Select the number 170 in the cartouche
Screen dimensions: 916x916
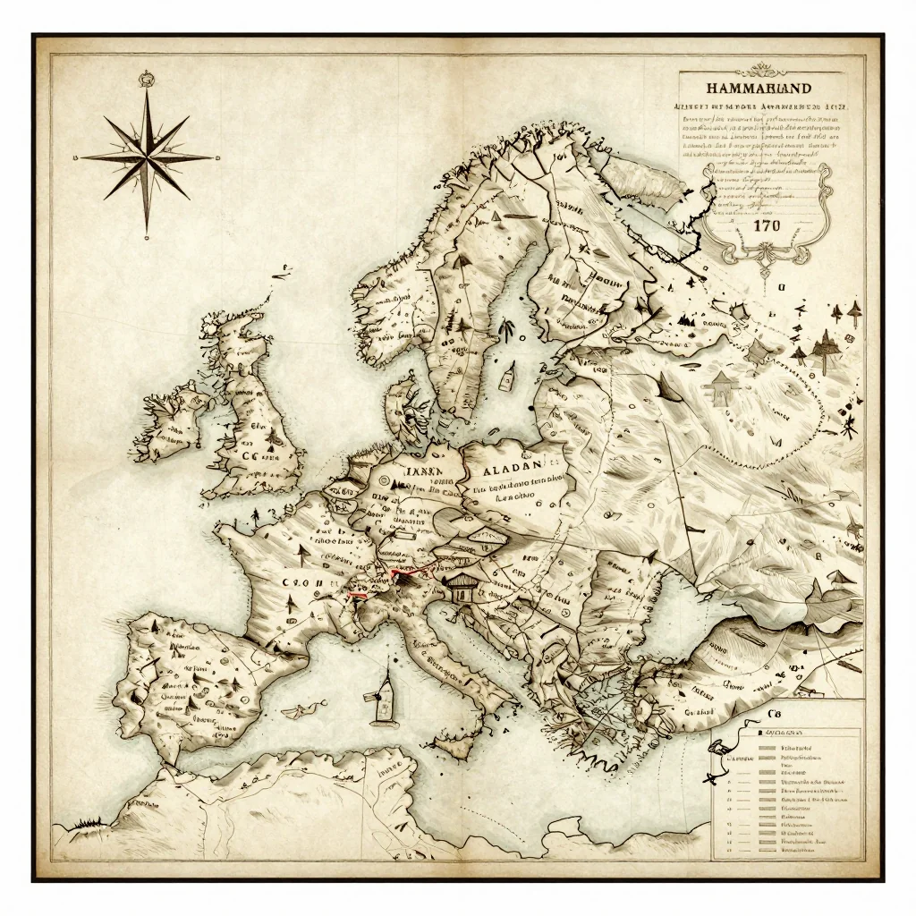pos(767,225)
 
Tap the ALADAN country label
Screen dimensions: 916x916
pos(513,467)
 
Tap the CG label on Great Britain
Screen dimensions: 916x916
pos(255,454)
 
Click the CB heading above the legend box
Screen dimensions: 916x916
pos(775,713)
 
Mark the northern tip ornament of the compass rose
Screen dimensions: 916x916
pos(147,81)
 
